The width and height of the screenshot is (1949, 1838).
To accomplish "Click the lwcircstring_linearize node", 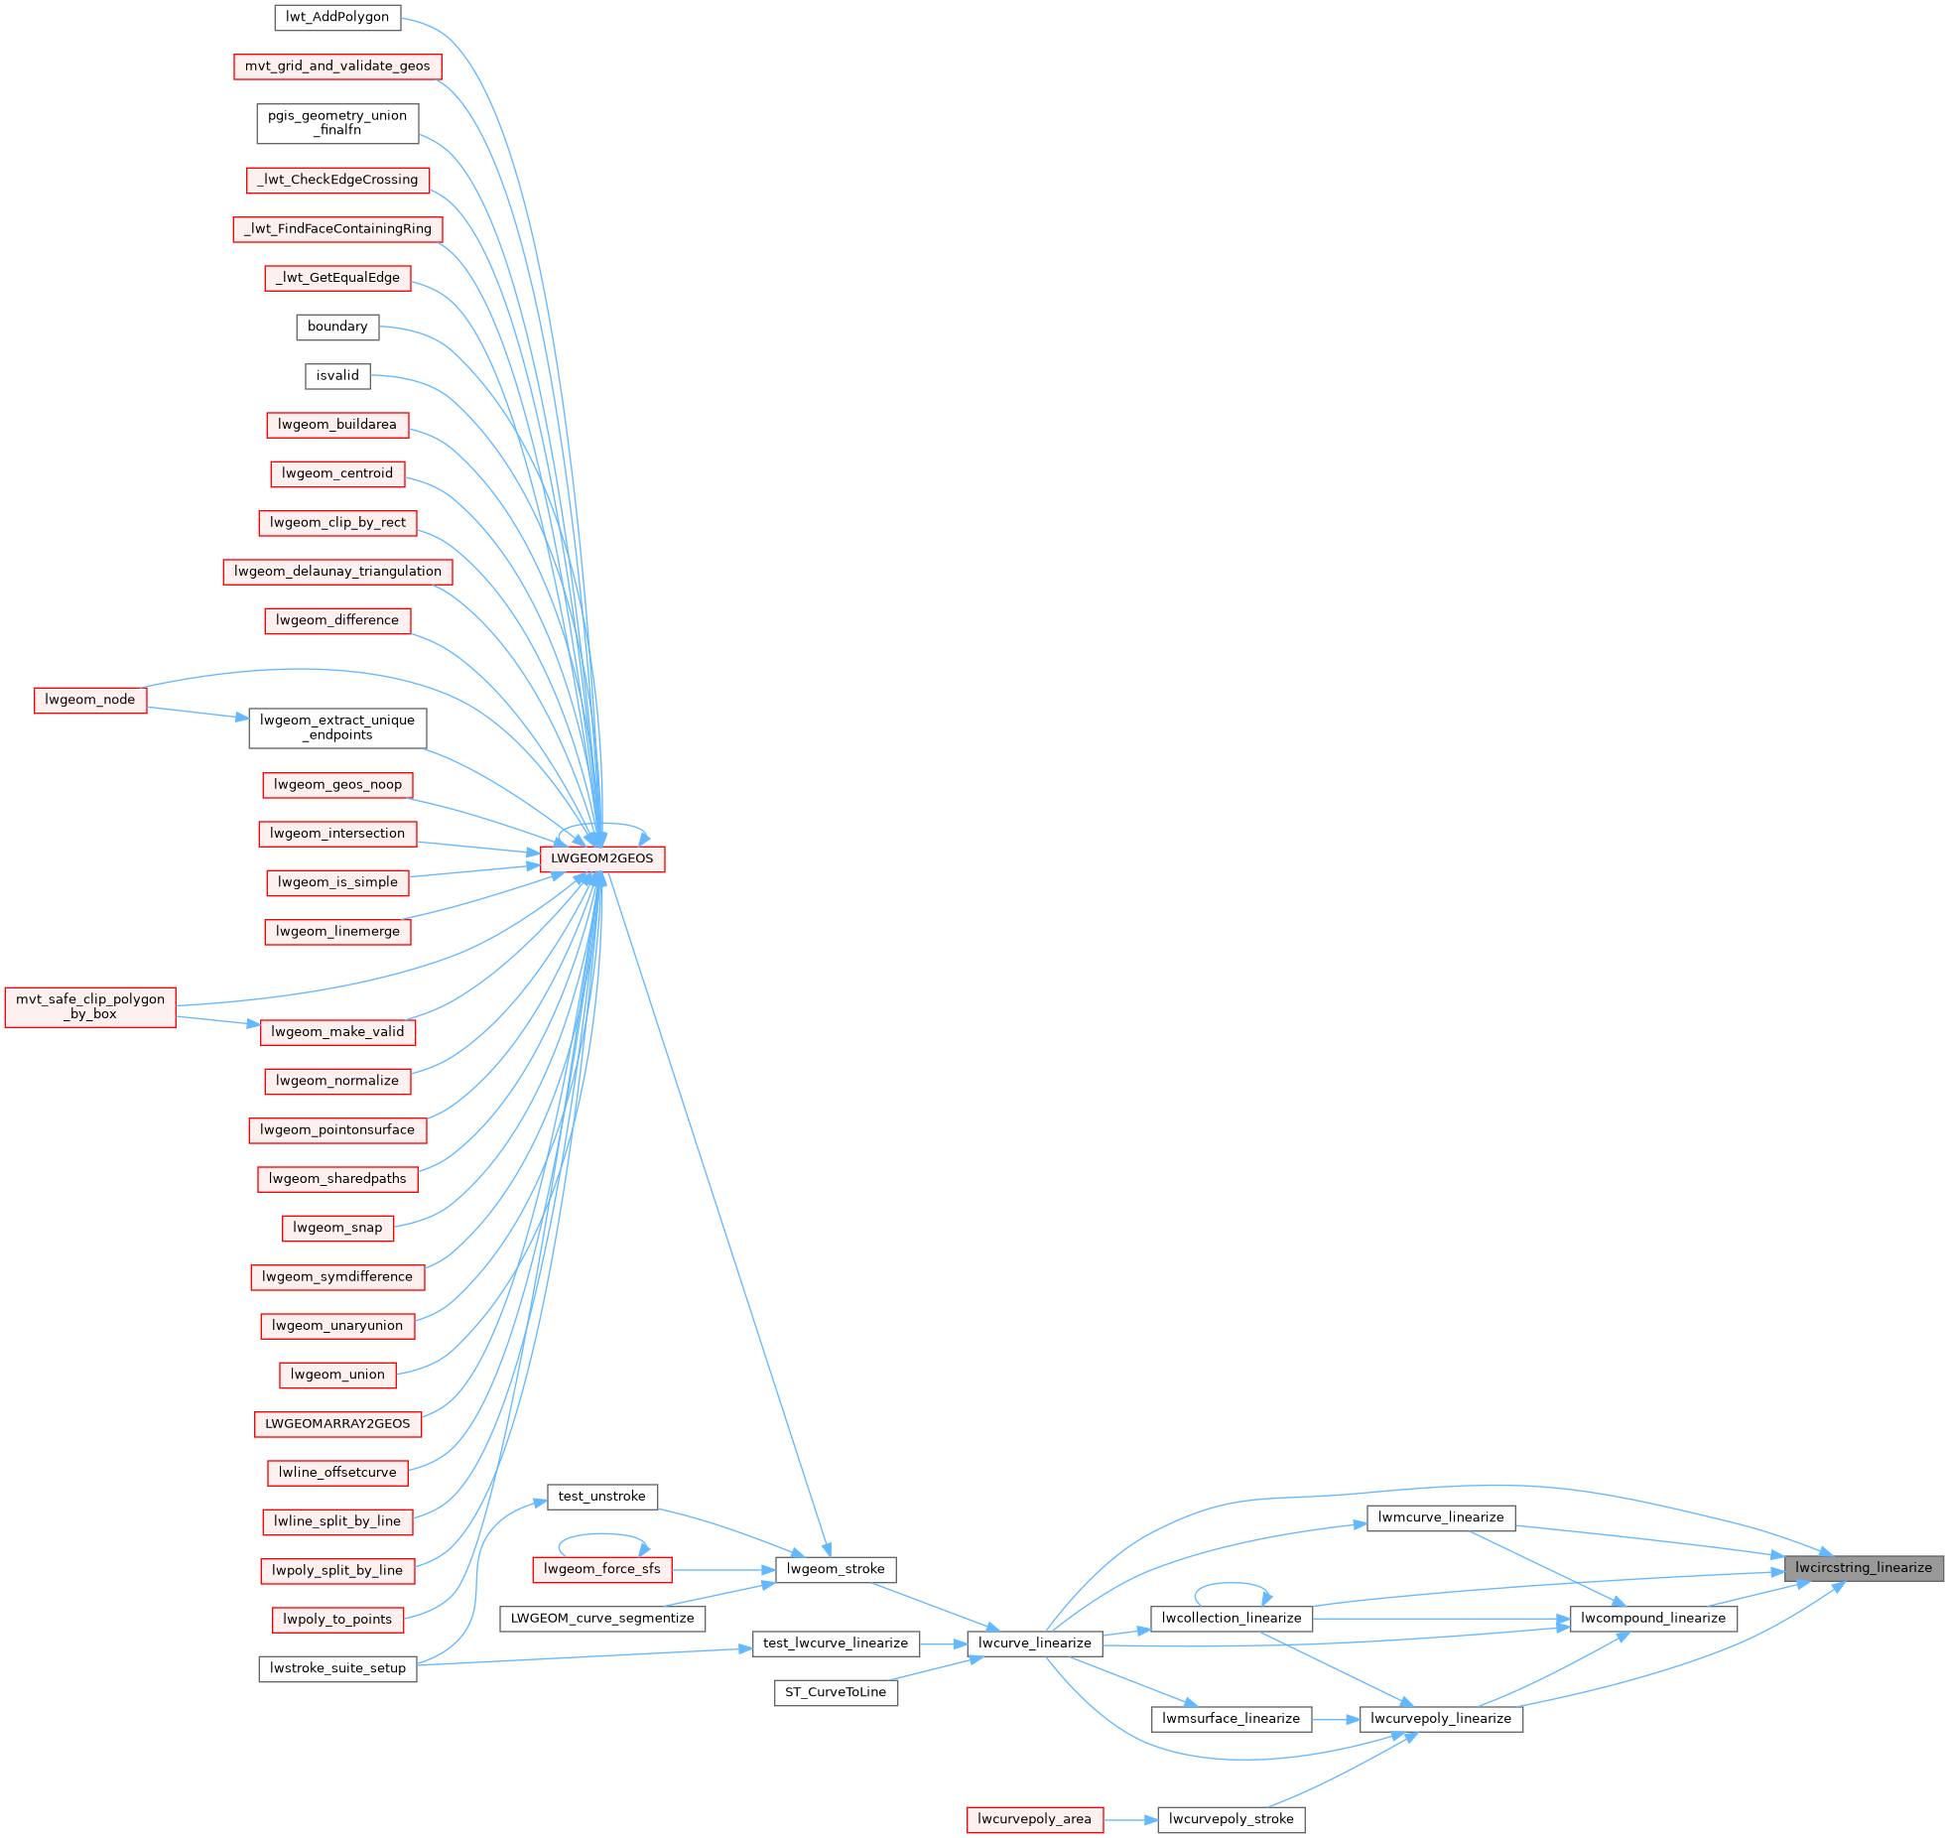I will click(x=1863, y=1568).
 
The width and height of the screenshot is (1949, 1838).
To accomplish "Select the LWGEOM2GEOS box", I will click(x=602, y=858).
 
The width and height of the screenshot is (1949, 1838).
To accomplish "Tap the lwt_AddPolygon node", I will click(x=337, y=17).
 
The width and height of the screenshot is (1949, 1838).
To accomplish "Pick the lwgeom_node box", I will click(x=90, y=700).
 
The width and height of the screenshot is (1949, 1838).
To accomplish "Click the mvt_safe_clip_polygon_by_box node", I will click(x=90, y=1006).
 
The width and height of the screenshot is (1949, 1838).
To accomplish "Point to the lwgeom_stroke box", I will click(x=835, y=1569).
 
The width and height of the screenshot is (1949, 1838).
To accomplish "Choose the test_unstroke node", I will click(x=601, y=1496).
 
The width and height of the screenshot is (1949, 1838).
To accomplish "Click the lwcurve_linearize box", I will click(x=1034, y=1642).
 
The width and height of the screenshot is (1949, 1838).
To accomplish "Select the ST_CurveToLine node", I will click(x=835, y=1692).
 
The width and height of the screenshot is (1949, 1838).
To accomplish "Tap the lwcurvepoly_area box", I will click(x=1034, y=1819).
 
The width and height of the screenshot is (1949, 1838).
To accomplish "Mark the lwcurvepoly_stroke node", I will click(x=1231, y=1819).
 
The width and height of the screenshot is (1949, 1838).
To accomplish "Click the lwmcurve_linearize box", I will click(x=1440, y=1517).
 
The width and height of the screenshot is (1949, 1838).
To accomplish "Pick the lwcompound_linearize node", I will click(x=1652, y=1618).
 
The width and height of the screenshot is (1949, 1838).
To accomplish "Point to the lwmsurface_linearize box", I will click(x=1231, y=1718).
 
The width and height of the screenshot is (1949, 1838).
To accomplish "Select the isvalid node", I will click(x=337, y=375).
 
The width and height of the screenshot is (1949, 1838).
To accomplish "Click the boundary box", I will click(x=337, y=327).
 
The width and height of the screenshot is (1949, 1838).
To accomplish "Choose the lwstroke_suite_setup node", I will click(x=337, y=1667).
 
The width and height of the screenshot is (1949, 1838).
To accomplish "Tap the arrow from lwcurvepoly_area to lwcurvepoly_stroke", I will click(x=1130, y=1819).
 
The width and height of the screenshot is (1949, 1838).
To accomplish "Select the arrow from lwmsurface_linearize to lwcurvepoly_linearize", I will click(x=1336, y=1719).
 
